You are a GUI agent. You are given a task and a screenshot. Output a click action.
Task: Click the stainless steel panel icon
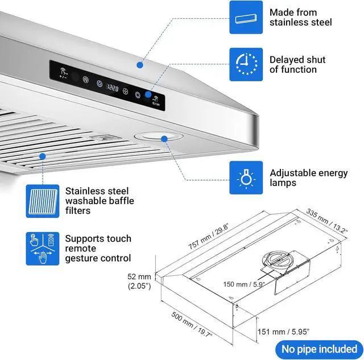(x=246, y=18)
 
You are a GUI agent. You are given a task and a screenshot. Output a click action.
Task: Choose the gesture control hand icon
(x=42, y=248)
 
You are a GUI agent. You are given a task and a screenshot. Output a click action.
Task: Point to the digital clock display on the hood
(x=113, y=88)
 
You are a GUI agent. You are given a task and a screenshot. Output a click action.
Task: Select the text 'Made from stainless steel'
(x=301, y=18)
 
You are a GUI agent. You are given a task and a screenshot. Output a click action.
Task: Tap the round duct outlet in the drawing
(x=278, y=260)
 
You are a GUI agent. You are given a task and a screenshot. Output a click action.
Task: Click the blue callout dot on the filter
(x=42, y=155)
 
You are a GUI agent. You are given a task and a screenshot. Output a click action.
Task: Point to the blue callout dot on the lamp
(x=164, y=138)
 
